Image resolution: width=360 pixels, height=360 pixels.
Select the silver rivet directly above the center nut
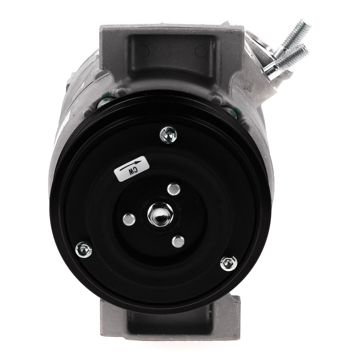click(173, 189)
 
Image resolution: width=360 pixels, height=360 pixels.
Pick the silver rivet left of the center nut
click(129, 219)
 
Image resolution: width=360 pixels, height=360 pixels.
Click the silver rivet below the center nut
click(178, 242)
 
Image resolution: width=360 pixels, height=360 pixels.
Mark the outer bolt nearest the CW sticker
click(168, 134)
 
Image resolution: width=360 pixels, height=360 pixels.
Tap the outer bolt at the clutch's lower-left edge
click(84, 250)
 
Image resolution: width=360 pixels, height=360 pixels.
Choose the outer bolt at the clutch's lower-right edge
click(229, 263)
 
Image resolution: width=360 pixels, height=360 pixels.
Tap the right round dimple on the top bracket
click(200, 52)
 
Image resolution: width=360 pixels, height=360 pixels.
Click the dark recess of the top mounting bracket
click(171, 60)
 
